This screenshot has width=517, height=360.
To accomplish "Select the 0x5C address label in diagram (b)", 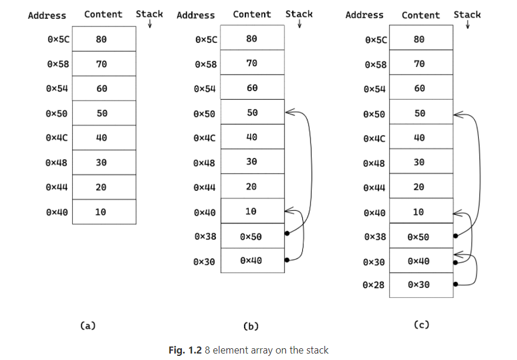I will (x=205, y=40).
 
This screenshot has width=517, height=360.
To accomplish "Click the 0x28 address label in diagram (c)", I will (x=374, y=285).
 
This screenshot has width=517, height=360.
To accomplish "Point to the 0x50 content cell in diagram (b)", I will (x=251, y=237).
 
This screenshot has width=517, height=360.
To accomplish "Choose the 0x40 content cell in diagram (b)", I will (x=251, y=261).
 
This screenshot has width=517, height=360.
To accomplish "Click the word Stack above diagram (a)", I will (x=149, y=14).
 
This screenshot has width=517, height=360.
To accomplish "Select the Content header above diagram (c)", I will (x=421, y=15).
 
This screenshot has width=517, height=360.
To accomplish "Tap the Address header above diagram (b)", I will (x=195, y=15).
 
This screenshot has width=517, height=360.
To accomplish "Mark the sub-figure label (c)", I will (x=421, y=324).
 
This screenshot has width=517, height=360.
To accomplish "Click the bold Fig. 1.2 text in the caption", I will (x=185, y=350).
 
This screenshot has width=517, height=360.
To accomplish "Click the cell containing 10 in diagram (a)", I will (x=101, y=212).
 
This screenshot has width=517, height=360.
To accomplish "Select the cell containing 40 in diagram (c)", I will (x=419, y=138).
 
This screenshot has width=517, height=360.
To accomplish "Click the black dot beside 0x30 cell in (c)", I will (x=455, y=284).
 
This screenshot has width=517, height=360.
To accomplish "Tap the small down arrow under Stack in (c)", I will (x=468, y=25).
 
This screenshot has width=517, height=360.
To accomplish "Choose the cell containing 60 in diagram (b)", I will (x=252, y=88).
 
